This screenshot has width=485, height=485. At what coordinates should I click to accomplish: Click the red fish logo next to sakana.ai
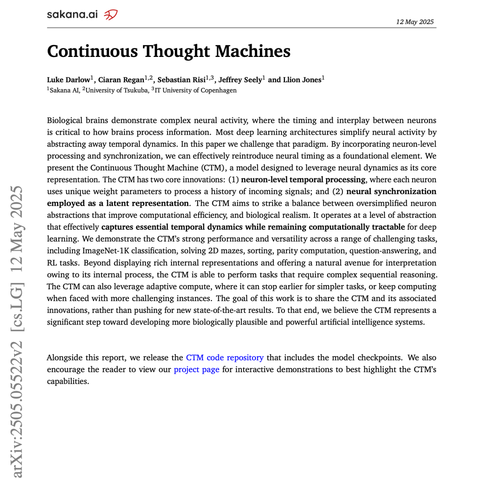pyautogui.click(x=110, y=15)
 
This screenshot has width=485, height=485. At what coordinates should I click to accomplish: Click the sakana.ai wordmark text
pyautogui.click(x=72, y=14)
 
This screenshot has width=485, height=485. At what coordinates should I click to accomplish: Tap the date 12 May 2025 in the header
pyautogui.click(x=415, y=22)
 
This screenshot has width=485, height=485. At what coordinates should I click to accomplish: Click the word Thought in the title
pyautogui.click(x=176, y=52)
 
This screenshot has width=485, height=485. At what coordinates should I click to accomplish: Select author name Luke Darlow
pyautogui.click(x=68, y=80)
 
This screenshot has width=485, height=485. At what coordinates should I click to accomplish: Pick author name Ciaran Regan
pyautogui.click(x=121, y=80)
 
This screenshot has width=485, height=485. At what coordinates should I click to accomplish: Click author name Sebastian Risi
pyautogui.click(x=182, y=80)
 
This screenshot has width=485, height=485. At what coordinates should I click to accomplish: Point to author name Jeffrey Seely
pyautogui.click(x=240, y=80)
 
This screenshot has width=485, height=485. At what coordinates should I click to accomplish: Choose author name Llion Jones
pyautogui.click(x=302, y=80)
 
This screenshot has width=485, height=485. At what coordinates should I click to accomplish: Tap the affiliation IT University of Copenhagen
pyautogui.click(x=195, y=90)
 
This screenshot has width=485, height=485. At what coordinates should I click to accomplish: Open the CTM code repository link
pyautogui.click(x=225, y=358)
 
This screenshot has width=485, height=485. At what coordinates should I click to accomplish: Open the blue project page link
pyautogui.click(x=196, y=369)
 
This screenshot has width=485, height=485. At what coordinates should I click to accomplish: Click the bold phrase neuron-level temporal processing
pyautogui.click(x=303, y=180)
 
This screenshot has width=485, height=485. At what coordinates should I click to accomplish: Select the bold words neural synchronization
pyautogui.click(x=391, y=191)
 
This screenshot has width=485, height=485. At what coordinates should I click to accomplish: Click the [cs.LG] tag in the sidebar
pyautogui.click(x=17, y=307)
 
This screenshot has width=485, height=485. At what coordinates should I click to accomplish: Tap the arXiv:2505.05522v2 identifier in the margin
pyautogui.click(x=17, y=409)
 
